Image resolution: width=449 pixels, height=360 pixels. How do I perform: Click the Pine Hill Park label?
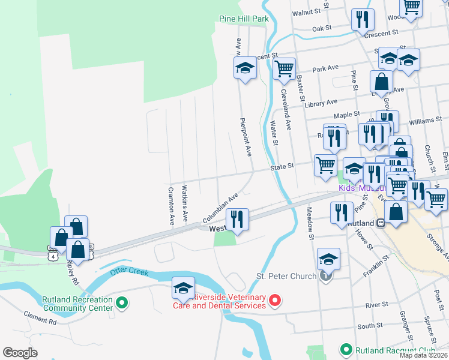pos(244,19)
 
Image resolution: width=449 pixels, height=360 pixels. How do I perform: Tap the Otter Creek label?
pos(129,272)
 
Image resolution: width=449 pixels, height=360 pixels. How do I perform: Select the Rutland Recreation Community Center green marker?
pos(122,304)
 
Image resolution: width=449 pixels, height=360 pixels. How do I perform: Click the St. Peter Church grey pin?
pos(325,276)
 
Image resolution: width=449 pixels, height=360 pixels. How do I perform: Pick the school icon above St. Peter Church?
pos(328,259)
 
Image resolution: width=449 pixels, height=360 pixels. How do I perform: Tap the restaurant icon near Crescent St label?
pos(362,20)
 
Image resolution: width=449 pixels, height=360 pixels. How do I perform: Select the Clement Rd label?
pos(40,317)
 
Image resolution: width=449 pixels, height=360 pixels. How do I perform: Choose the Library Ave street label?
pos(321,103)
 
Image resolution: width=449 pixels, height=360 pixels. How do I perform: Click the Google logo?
pos(20,353)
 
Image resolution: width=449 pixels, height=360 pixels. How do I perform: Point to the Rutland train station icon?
pos(381,223)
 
